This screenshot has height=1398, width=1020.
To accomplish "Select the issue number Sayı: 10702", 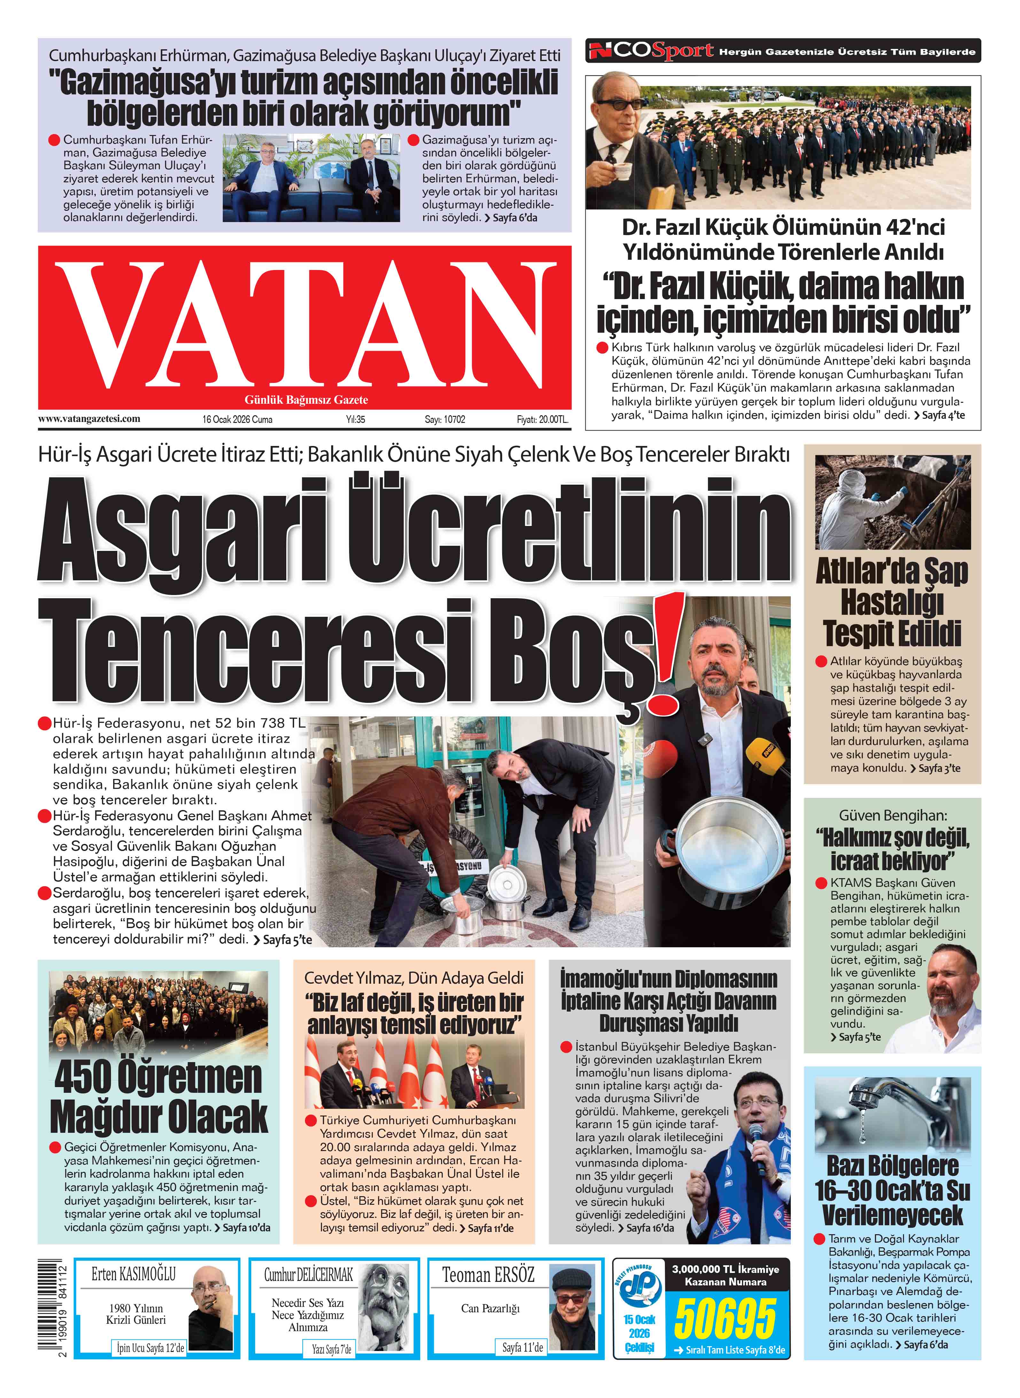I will tap(445, 419).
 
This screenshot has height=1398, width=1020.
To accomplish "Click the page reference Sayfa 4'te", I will tap(943, 415).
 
